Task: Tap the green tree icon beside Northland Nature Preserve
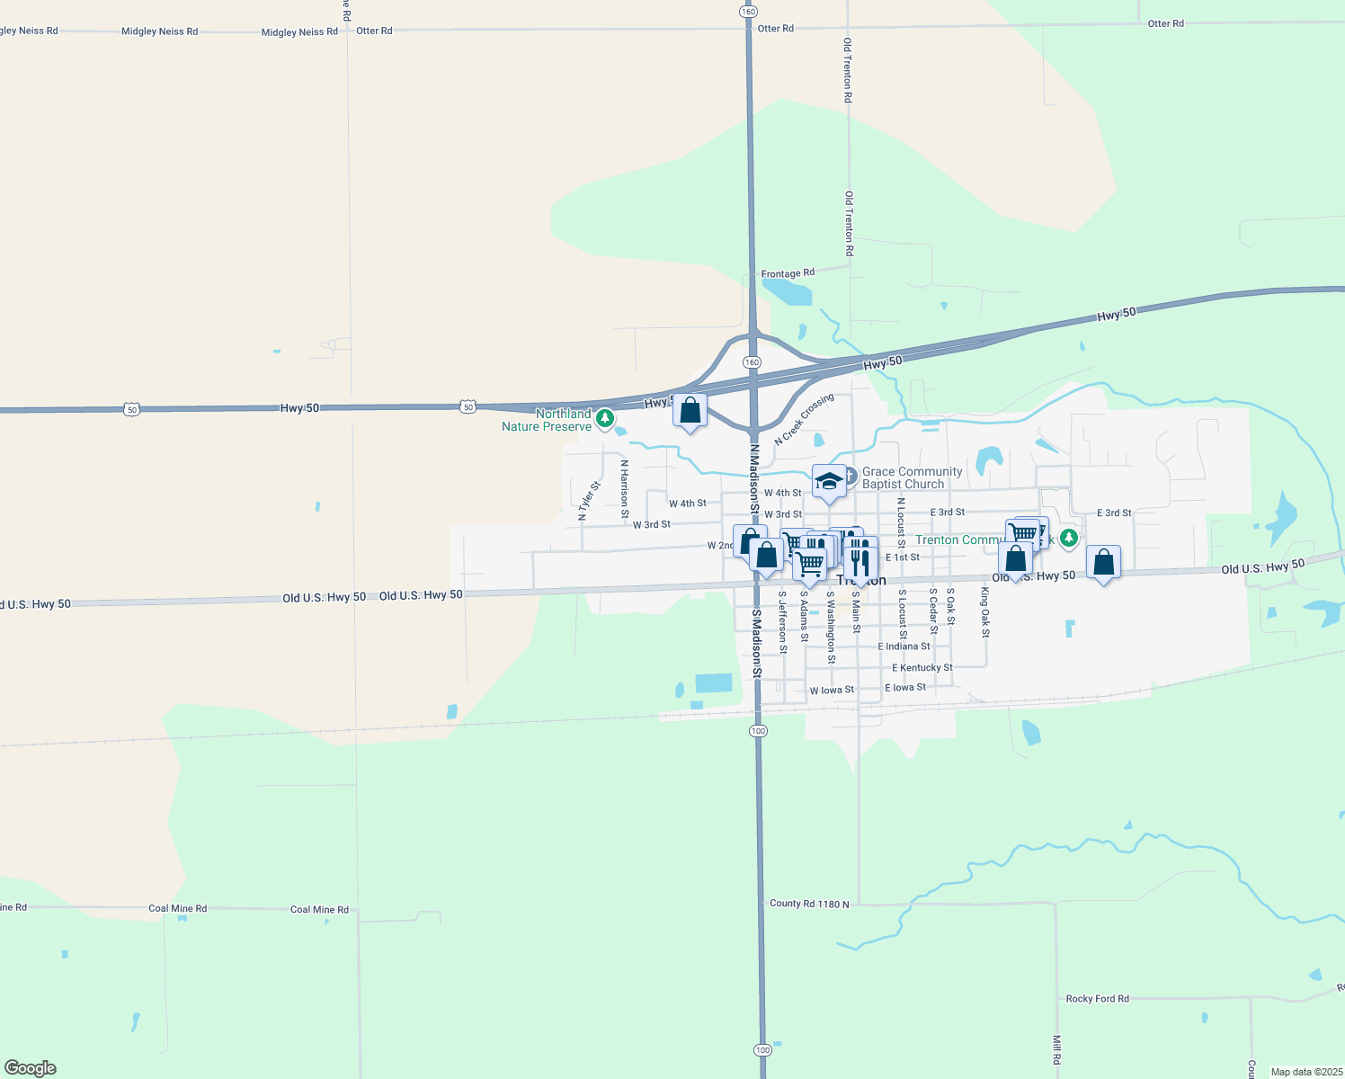tap(605, 418)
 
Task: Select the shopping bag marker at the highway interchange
tap(690, 410)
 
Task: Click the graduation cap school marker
tap(829, 481)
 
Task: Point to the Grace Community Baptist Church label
tap(912, 477)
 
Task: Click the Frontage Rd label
tap(788, 273)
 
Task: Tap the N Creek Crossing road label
tap(804, 419)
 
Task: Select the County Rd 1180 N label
tap(809, 904)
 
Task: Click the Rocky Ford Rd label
tap(1097, 999)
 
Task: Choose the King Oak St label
tap(985, 612)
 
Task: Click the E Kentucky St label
tap(922, 668)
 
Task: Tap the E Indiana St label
tap(904, 647)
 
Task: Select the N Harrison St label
tap(625, 490)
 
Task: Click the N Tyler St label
tap(589, 502)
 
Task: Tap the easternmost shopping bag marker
tap(1103, 563)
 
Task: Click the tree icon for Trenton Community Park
tap(1068, 538)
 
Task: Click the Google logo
tap(31, 1068)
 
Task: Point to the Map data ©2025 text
tap(1305, 1072)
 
